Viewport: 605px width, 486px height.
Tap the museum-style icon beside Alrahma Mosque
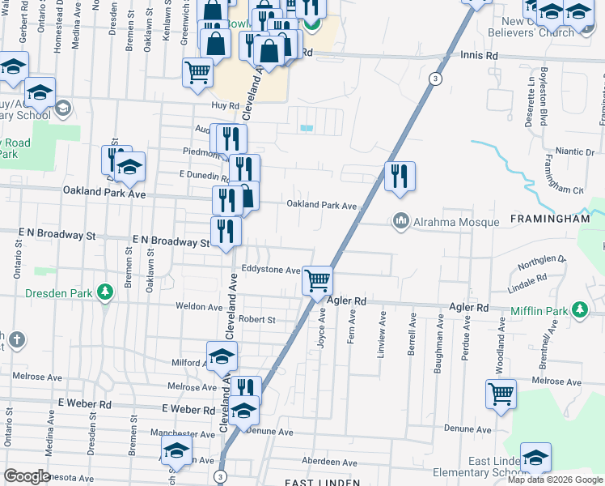point(400,220)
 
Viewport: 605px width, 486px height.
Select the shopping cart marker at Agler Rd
point(318,280)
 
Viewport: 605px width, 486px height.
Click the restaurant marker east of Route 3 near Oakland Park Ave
point(399,176)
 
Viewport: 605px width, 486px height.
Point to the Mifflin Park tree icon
point(580,309)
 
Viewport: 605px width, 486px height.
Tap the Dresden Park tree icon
point(104,292)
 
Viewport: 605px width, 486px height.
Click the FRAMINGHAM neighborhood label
point(550,220)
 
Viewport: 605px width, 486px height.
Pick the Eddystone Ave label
point(271,270)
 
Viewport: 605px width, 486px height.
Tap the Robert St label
point(257,320)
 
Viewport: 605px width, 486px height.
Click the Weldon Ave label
point(199,307)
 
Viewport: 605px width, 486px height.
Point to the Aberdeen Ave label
point(328,461)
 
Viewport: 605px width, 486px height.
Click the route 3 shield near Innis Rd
point(435,78)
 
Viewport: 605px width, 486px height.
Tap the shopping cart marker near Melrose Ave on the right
point(501,394)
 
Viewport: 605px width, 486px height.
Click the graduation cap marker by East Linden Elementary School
point(535,458)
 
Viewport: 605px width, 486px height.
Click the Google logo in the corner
point(27,476)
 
